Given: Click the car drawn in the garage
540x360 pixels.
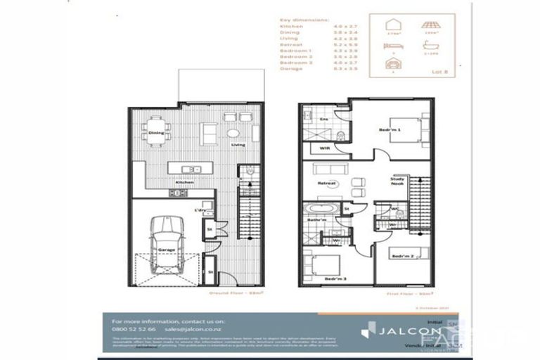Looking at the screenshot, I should tap(167, 243).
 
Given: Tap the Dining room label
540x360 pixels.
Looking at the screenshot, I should tap(156, 132).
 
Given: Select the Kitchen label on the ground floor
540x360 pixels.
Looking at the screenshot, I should tap(184, 182).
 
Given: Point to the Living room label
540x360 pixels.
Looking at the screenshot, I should tap(238, 146).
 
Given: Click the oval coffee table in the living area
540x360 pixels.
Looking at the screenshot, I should tap(233, 133).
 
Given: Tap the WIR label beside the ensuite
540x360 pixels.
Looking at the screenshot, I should tap(324, 148).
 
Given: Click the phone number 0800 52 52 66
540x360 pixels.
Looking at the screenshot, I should tap(134, 328).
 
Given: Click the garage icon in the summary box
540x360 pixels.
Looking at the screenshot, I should tap(393, 64).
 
